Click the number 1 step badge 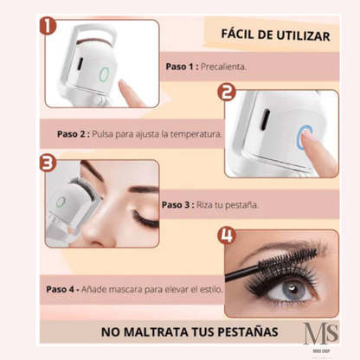click(48, 25)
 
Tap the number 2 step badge click(227, 93)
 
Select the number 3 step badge click(48, 163)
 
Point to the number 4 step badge click(227, 235)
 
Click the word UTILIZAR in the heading click(303, 35)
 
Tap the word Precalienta click(223, 67)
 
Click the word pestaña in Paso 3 click(241, 205)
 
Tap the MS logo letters click(321, 333)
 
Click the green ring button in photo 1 click(104, 74)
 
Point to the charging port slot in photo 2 click(264, 119)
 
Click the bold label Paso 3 click(176, 205)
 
